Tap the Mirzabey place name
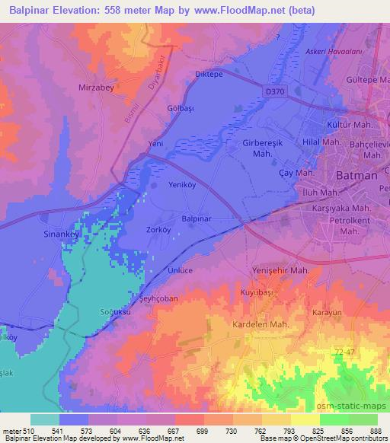[x=97, y=88]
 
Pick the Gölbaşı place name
[x=181, y=109]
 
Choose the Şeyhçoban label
[x=158, y=298]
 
